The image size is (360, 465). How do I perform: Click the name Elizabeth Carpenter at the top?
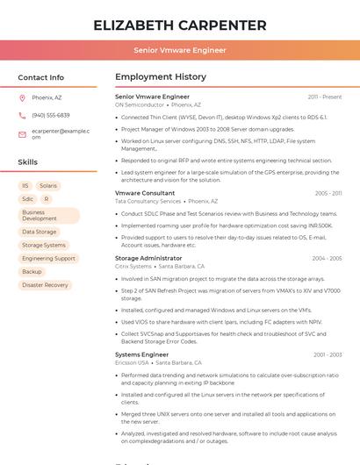click(x=180, y=25)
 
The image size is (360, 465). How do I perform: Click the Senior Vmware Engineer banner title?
click(x=180, y=51)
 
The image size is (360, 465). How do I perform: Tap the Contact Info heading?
click(x=40, y=77)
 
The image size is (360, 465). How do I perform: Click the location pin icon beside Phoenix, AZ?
click(x=22, y=97)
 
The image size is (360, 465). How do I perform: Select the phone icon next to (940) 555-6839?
click(x=22, y=115)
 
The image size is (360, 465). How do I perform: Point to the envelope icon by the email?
click(x=22, y=134)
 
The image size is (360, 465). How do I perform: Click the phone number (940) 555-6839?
click(x=51, y=115)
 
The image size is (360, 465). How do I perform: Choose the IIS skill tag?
click(x=25, y=186)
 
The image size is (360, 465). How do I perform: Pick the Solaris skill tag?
click(x=48, y=186)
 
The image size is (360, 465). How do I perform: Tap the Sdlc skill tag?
click(x=27, y=199)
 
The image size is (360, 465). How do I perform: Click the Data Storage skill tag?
click(x=39, y=232)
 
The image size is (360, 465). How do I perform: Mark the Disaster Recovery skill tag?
click(x=45, y=285)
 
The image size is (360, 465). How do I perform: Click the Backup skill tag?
click(x=32, y=272)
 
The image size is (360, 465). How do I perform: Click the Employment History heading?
click(x=161, y=77)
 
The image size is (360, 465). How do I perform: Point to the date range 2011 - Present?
click(x=325, y=97)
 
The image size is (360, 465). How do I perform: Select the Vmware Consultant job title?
click(x=145, y=193)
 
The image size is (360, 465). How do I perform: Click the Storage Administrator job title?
click(x=148, y=259)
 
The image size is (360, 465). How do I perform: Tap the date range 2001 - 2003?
click(x=328, y=355)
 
